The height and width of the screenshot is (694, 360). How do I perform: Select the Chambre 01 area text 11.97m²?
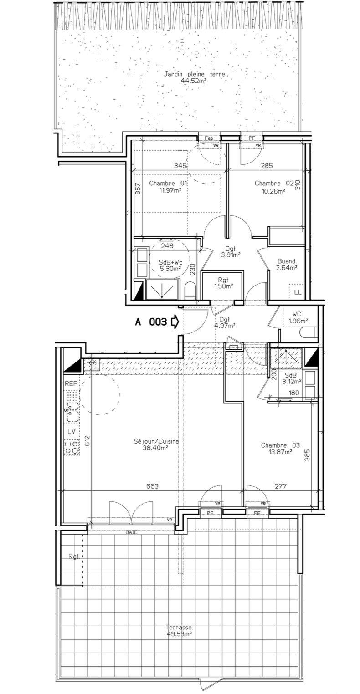pos(170,191)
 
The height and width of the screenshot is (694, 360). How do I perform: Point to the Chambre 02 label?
pos(274,183)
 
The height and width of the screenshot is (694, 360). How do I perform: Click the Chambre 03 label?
pos(280,445)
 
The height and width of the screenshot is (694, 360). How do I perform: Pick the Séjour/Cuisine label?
pos(156,441)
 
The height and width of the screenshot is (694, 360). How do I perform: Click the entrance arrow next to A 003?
pos(175,321)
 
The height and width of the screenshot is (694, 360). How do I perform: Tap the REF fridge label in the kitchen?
pos(71,383)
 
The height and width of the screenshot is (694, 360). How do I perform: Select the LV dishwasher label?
pos(71,431)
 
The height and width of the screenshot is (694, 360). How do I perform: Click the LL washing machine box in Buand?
pos(298,292)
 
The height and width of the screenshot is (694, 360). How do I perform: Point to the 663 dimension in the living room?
pos(152,486)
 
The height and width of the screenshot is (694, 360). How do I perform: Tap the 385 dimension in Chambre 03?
pos(307,455)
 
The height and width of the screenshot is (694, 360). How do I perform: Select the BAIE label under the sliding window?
pos(131,532)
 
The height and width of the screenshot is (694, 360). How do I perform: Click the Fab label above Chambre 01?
pos(209,138)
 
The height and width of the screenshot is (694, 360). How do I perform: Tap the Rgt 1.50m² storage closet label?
pos(223,283)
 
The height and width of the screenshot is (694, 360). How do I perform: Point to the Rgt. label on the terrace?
pos(74,556)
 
